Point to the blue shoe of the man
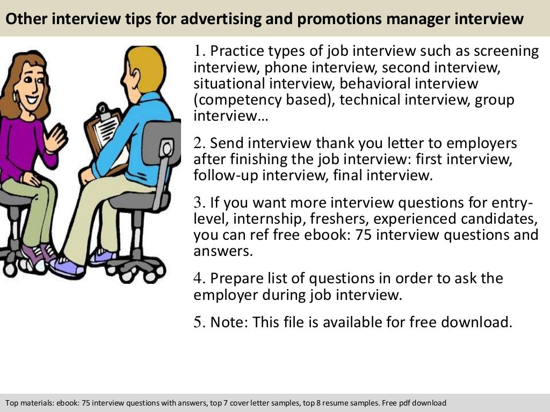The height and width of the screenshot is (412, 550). point(67,267)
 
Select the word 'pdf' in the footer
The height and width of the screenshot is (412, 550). point(404,403)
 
